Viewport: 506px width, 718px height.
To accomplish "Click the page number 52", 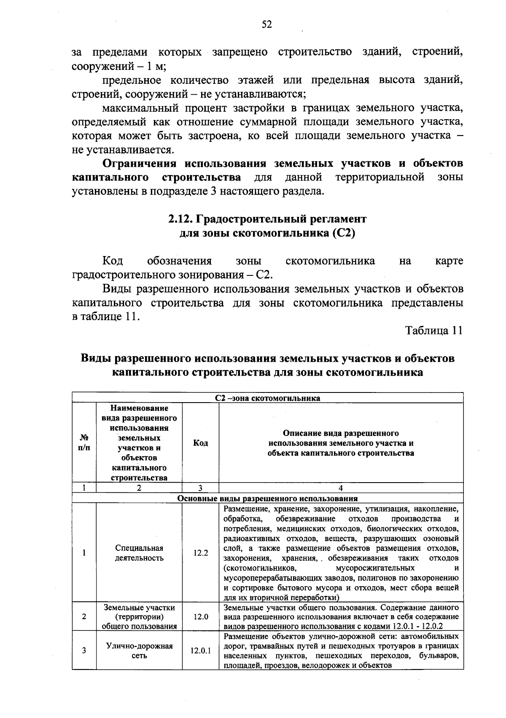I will click(266, 25).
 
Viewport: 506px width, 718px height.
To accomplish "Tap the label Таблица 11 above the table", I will click(434, 331).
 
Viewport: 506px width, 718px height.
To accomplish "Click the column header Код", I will click(200, 443).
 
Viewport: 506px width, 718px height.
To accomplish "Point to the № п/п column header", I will click(84, 443).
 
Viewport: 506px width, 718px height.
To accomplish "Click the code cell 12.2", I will click(200, 553).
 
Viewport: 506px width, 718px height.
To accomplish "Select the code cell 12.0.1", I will click(200, 651).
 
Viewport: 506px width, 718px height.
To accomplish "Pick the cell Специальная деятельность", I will click(139, 553).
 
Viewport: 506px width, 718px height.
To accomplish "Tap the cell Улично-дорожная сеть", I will click(139, 651).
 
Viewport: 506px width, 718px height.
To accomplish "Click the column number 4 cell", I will click(341, 488).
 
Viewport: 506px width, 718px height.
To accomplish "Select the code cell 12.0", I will click(200, 617).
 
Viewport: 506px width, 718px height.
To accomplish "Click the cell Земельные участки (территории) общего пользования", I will click(139, 617).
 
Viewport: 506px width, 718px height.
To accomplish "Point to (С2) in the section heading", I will click(343, 233).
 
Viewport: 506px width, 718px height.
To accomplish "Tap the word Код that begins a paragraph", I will click(113, 261).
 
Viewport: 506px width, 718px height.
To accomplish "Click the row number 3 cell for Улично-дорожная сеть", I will click(84, 651).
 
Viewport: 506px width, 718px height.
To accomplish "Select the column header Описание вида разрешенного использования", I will click(341, 443).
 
